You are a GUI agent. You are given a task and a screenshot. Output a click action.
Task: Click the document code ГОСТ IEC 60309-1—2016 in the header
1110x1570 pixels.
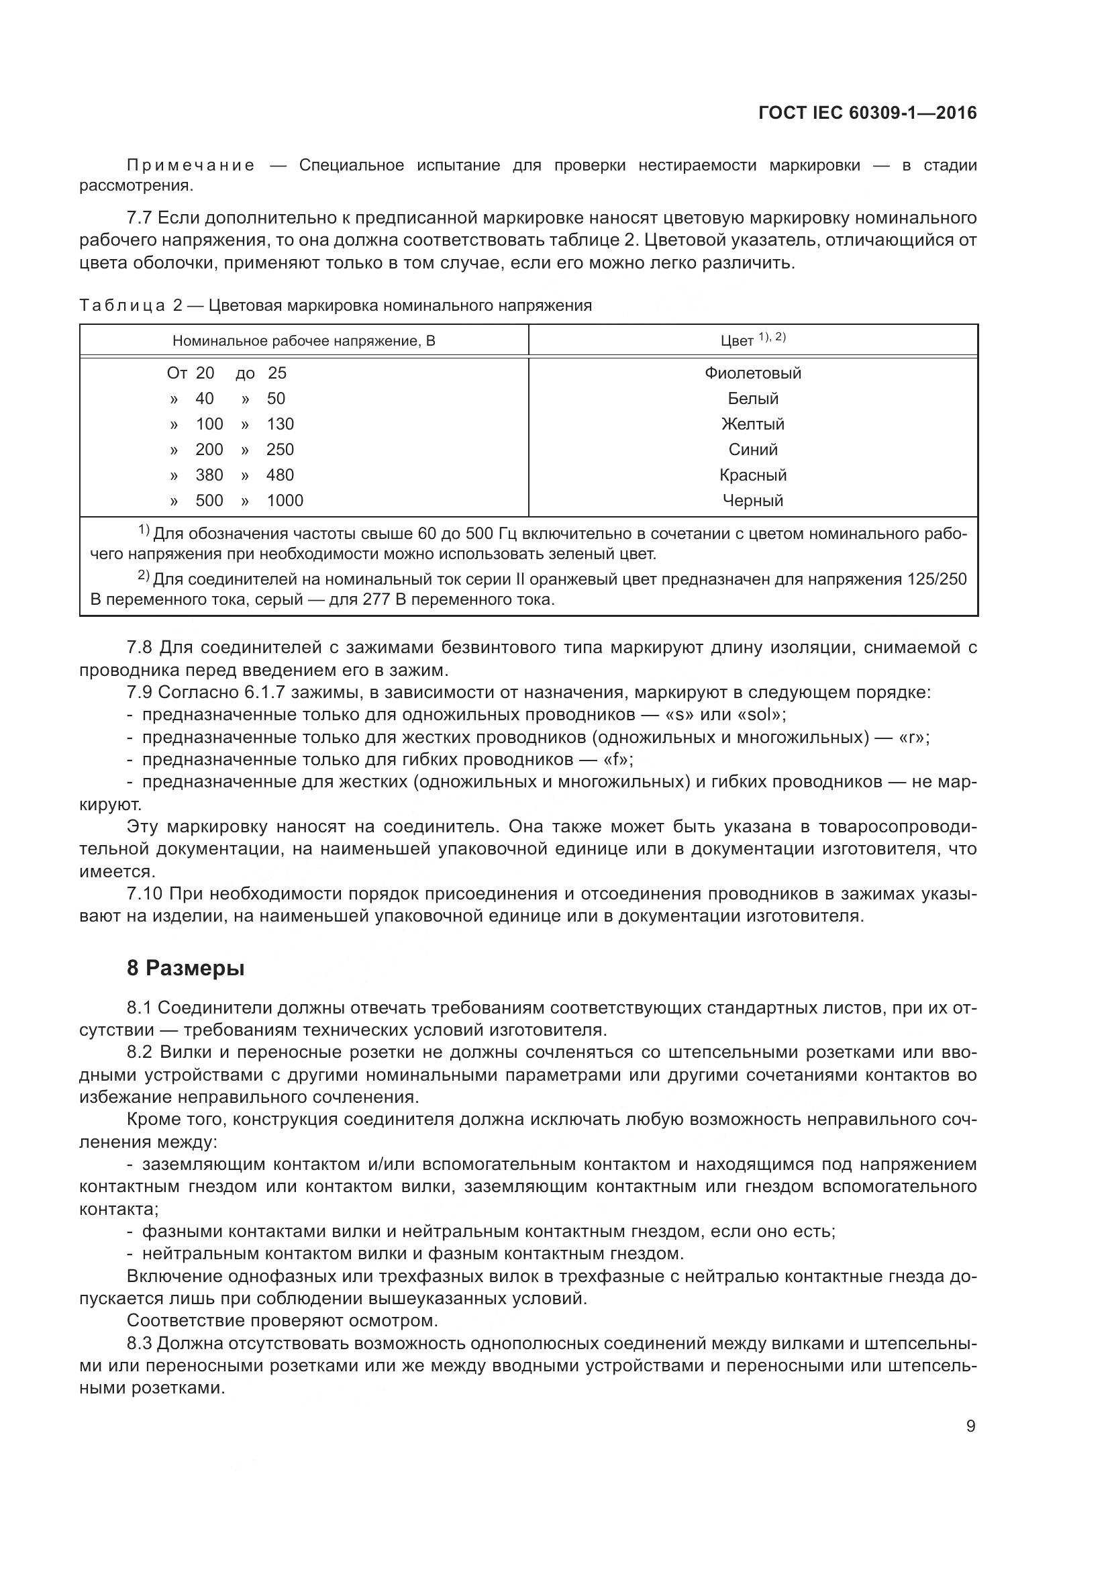(867, 113)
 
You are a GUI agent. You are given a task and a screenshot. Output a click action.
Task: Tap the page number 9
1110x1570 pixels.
(970, 1426)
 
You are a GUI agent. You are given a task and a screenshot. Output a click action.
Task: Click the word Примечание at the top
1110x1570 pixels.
(191, 165)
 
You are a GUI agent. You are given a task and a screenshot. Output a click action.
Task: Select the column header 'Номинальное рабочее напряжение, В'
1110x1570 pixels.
(303, 340)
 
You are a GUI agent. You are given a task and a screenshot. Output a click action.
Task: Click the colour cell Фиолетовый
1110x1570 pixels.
(752, 373)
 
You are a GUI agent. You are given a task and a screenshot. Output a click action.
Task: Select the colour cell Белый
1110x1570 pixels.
(752, 398)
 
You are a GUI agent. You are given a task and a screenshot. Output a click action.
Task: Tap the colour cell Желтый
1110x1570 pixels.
(752, 424)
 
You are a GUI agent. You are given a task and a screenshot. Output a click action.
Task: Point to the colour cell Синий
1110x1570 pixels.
(752, 449)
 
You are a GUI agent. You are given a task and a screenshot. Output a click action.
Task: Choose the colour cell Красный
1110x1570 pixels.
(752, 475)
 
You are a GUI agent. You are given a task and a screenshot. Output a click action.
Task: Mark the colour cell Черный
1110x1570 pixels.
(752, 501)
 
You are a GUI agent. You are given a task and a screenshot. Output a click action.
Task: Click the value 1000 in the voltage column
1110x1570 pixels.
(285, 501)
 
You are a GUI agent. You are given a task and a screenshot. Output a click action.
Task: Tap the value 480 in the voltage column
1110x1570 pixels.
(280, 475)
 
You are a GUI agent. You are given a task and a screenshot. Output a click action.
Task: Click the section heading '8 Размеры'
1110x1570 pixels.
(185, 969)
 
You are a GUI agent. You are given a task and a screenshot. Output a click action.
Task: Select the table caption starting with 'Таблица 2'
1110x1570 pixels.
(335, 305)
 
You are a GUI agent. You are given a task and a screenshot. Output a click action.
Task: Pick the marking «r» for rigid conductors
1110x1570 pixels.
(913, 737)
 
